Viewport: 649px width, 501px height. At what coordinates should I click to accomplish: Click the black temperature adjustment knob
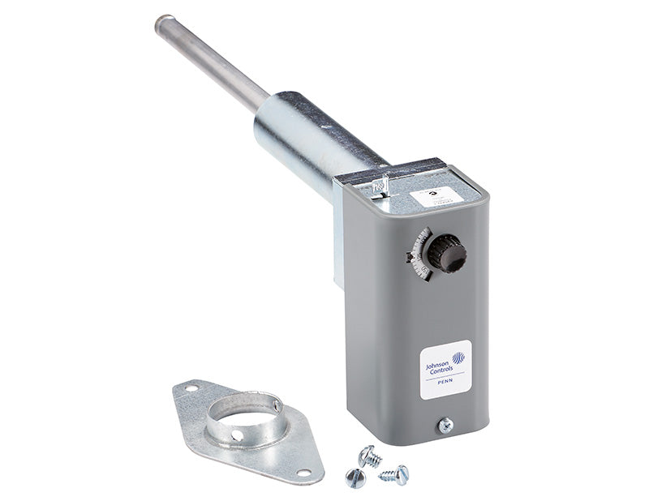pos(447,253)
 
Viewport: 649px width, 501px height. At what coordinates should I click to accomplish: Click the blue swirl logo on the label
pos(459,358)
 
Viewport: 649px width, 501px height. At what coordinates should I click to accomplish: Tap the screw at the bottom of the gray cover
pos(445,425)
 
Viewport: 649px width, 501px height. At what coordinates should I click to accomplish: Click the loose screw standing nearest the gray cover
pos(370,457)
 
